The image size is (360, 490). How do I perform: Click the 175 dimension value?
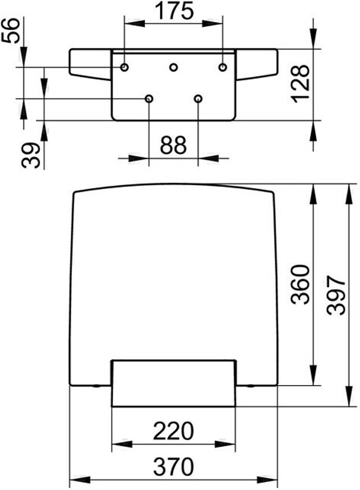coord(173,11)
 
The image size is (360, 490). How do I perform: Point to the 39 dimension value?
coord(32,155)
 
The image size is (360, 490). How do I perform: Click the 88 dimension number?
coord(173,145)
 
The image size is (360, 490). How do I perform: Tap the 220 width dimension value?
coord(173,432)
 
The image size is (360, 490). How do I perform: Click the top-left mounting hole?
coord(124,67)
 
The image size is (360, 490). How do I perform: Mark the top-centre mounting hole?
coord(174,67)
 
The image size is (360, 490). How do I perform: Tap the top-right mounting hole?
coord(223,67)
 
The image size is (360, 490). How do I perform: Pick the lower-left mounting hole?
coord(149,99)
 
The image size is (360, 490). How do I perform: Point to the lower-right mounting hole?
coord(198,99)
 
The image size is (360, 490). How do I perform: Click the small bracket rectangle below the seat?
coord(173,383)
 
